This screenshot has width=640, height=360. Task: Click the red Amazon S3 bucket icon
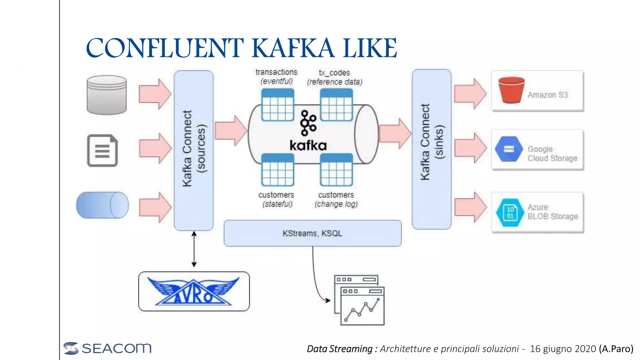(511, 90)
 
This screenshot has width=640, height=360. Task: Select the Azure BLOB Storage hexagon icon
(510, 212)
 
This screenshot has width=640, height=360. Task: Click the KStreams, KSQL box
(312, 233)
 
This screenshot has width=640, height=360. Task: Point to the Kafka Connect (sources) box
(194, 150)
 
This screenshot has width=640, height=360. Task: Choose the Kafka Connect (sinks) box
(432, 149)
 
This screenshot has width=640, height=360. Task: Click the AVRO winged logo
(194, 291)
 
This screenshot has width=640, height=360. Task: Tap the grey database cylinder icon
(107, 95)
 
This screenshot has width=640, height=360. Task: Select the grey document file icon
(102, 151)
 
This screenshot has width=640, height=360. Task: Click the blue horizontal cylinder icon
(102, 205)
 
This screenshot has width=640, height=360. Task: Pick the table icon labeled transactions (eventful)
(277, 105)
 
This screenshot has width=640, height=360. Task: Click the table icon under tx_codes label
(336, 105)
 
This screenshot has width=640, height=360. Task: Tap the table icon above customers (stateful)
(277, 170)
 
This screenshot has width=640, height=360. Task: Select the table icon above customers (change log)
(336, 170)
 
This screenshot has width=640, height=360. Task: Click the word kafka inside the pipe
(308, 146)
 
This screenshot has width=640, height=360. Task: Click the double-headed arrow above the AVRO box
(194, 249)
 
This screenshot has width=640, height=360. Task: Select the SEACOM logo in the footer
(107, 348)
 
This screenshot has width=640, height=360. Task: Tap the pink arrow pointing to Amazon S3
(470, 93)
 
